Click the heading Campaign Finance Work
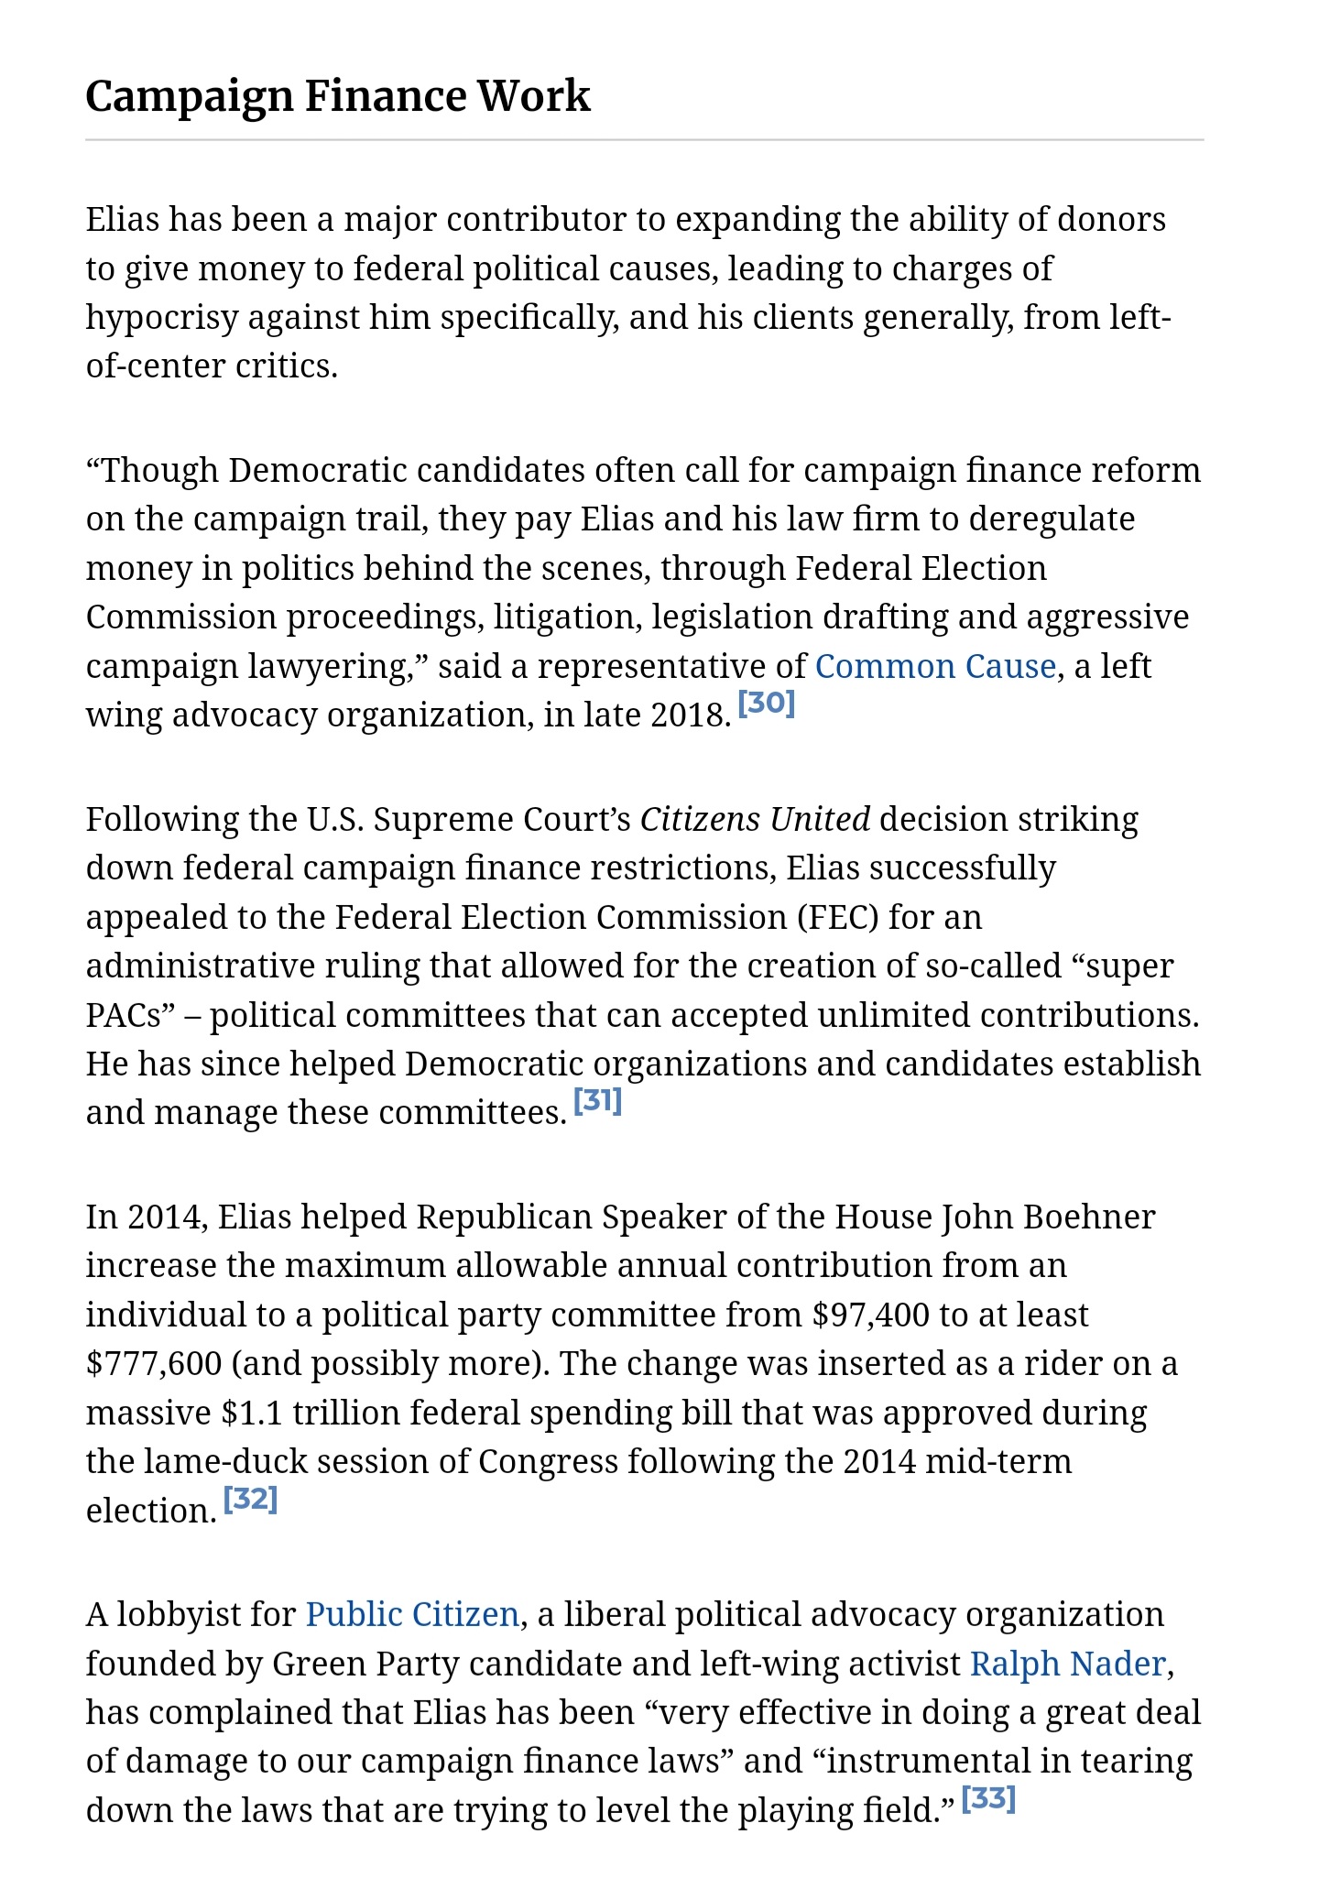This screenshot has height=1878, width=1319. pyautogui.click(x=338, y=96)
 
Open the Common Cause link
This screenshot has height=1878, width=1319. pyautogui.click(x=934, y=666)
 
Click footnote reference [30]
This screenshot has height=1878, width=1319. pyautogui.click(x=767, y=704)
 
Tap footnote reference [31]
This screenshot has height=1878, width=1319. pyautogui.click(x=597, y=1100)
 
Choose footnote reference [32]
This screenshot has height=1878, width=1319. pyautogui.click(x=250, y=1499)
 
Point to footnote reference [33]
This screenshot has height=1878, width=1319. pyautogui.click(x=988, y=1798)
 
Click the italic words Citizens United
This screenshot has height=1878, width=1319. pyautogui.click(x=755, y=819)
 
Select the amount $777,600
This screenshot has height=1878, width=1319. pyautogui.click(x=154, y=1364)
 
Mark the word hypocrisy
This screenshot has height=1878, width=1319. pyautogui.click(x=161, y=317)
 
